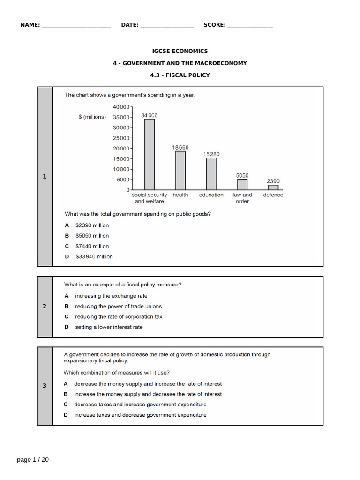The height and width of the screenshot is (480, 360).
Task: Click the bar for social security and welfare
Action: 149,154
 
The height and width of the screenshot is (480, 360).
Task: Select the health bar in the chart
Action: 180,170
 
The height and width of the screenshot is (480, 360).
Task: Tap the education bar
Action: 211,173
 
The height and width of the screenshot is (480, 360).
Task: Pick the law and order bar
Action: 242,184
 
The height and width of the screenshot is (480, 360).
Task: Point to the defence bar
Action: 273,187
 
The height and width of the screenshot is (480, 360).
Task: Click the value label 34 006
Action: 150,115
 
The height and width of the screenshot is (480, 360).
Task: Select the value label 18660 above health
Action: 180,147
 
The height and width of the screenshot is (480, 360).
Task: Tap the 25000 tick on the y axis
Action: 122,138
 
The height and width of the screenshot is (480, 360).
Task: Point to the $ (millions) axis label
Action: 92,117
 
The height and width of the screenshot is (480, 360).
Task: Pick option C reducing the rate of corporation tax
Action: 119,317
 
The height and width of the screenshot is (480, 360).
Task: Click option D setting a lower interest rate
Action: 109,327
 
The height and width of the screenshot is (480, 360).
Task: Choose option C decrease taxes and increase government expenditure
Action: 140,405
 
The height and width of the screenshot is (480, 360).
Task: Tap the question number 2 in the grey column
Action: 45,307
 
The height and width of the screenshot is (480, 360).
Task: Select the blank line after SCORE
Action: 250,25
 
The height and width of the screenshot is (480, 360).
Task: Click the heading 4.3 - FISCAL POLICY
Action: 180,75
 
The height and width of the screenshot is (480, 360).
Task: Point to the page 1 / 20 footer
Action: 33,460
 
